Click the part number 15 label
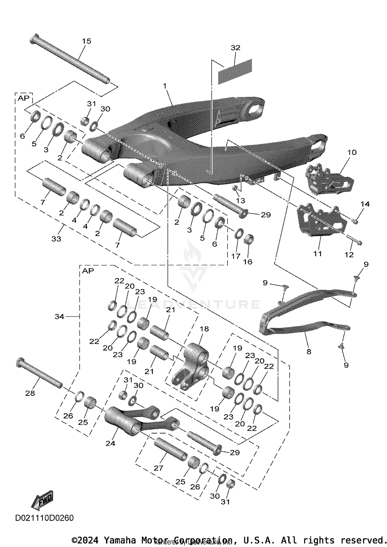click(86, 41)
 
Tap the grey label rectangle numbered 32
click(235, 72)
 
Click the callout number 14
click(365, 204)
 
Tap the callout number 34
click(59, 316)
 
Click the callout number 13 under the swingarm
click(240, 200)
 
